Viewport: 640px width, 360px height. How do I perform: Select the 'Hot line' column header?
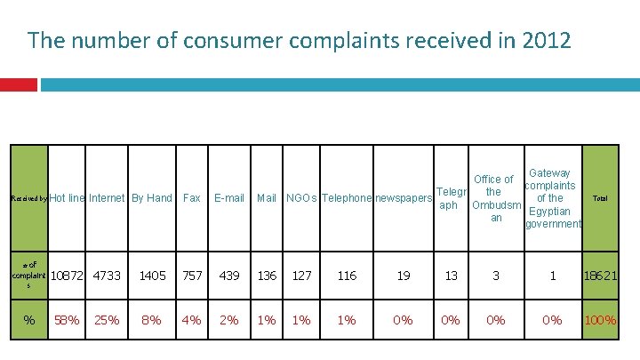[68, 198]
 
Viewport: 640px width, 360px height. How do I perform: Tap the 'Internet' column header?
[107, 198]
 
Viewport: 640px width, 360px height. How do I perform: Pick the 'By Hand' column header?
[151, 198]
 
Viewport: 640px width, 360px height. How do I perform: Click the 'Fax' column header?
[191, 198]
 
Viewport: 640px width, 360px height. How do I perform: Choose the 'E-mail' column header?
[229, 198]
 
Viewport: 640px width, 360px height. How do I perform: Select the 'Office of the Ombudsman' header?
[496, 198]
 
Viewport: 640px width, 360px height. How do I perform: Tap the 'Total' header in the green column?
[600, 198]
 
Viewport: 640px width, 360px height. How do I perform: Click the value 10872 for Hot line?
[68, 276]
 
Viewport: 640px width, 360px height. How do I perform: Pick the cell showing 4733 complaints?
[107, 276]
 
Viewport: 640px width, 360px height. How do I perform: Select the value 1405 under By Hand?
[152, 276]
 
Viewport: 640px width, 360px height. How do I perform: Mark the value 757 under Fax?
[192, 276]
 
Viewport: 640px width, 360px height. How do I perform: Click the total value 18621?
[600, 276]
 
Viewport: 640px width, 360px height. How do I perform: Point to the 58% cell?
[67, 319]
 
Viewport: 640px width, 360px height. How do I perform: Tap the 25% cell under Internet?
[107, 319]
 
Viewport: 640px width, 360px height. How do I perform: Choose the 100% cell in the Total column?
[600, 319]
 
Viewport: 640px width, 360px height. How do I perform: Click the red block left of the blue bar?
[18, 84]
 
